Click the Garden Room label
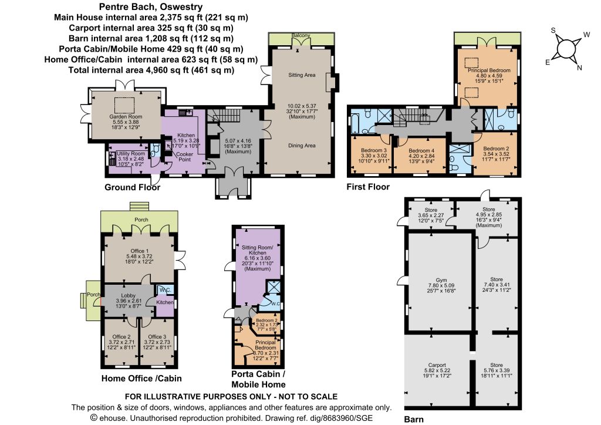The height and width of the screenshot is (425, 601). pos(126,116)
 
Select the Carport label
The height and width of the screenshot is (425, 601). pos(437,365)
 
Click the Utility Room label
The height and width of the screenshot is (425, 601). pos(131,154)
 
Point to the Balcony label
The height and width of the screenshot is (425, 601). pos(301,36)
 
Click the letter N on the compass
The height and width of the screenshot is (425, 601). pos(579,68)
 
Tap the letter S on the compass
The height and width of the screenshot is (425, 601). pos(553,31)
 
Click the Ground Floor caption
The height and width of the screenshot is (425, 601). pos(132,187)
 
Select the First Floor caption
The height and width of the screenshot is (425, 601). pos(368,187)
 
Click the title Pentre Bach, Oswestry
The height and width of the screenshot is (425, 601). pos(151,6)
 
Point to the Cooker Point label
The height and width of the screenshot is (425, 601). pos(184,157)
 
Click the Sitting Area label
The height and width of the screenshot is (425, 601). pos(302,75)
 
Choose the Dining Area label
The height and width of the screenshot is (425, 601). pos(302,146)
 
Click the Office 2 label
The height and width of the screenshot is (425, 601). pos(121,337)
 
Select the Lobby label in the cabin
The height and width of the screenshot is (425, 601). pos(128,295)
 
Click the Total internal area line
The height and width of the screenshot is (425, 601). pos(151,70)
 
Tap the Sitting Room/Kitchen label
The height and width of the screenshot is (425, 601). pos(258,250)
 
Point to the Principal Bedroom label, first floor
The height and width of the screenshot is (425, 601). pos(489,70)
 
